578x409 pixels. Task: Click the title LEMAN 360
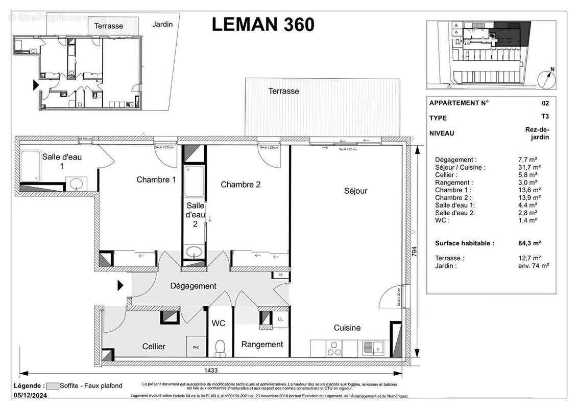click(263, 24)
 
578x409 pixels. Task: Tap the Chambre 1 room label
click(156, 179)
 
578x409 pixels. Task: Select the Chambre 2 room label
click(240, 185)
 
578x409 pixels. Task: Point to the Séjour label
click(355, 191)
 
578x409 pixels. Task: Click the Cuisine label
click(347, 328)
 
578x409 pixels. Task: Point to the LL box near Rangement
click(280, 319)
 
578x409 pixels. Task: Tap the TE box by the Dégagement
click(280, 275)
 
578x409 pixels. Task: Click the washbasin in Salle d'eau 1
click(77, 184)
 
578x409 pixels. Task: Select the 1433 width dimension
click(209, 371)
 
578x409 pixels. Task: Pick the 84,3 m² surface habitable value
click(529, 243)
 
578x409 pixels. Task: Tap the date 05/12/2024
click(31, 395)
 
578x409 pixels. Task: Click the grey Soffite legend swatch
click(52, 386)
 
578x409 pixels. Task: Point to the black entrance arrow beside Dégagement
click(121, 285)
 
